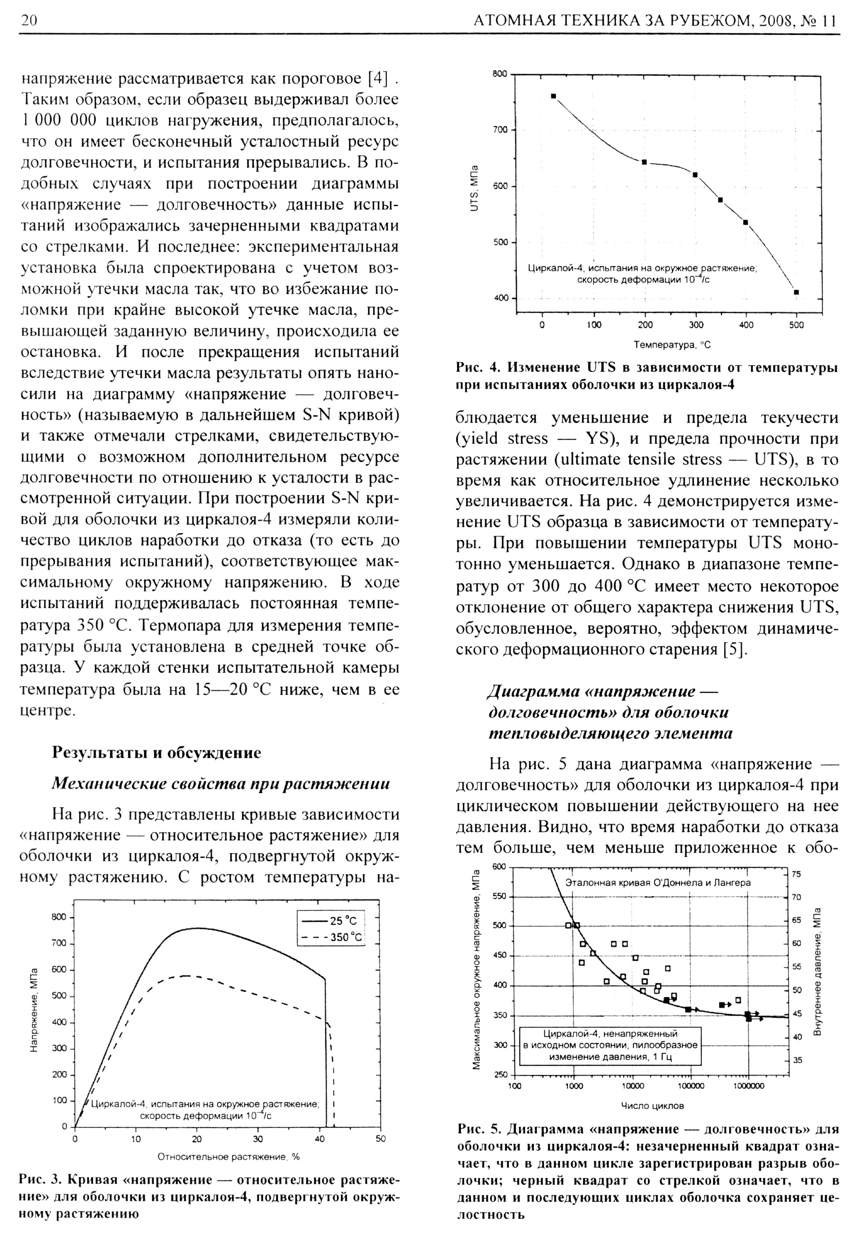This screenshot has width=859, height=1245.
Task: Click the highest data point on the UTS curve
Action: click(x=553, y=96)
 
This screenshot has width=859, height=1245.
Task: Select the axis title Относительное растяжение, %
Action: click(x=228, y=1156)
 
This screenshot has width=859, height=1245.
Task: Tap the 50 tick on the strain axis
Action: click(x=380, y=1139)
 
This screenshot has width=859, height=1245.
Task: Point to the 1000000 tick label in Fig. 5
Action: click(x=748, y=1086)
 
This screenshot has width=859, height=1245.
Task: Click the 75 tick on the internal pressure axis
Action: click(x=797, y=874)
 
